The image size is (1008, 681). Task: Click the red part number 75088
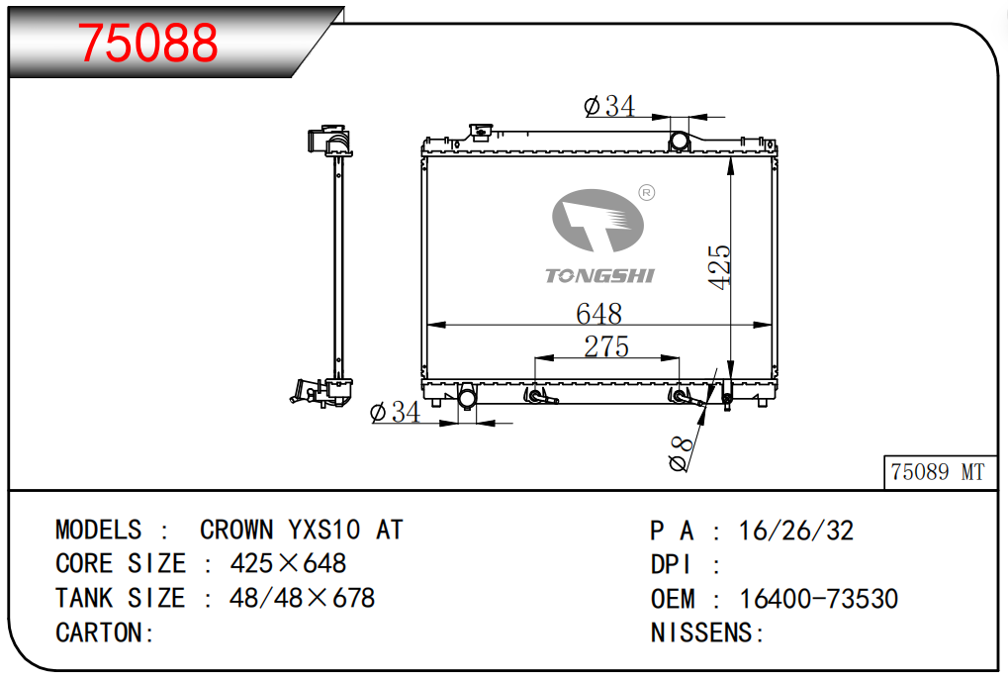(147, 43)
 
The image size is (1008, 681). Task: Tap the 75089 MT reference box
(940, 473)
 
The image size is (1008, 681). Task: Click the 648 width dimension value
(598, 314)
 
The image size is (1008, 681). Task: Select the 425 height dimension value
(719, 267)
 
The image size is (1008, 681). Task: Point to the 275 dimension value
(606, 346)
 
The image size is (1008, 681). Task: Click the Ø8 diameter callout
(681, 453)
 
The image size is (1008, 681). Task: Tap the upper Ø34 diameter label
(609, 106)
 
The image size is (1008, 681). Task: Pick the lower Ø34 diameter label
(396, 412)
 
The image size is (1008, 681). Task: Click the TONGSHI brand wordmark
(599, 276)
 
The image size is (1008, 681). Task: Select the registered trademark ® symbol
(646, 193)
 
